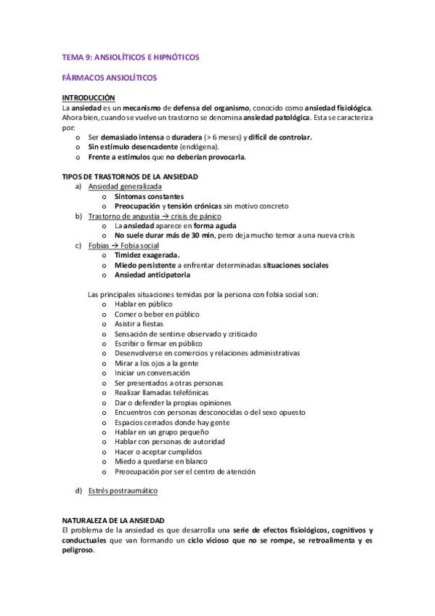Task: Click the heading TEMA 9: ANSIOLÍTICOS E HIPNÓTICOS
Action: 131,57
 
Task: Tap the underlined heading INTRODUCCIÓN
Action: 89,97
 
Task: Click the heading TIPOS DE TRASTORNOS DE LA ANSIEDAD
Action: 130,177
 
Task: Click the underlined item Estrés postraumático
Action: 123,491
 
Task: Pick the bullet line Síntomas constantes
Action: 149,196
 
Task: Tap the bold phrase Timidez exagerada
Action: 147,255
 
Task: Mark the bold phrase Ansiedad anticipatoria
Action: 153,275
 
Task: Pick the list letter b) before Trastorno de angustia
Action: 78,216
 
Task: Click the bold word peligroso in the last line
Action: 78,550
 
